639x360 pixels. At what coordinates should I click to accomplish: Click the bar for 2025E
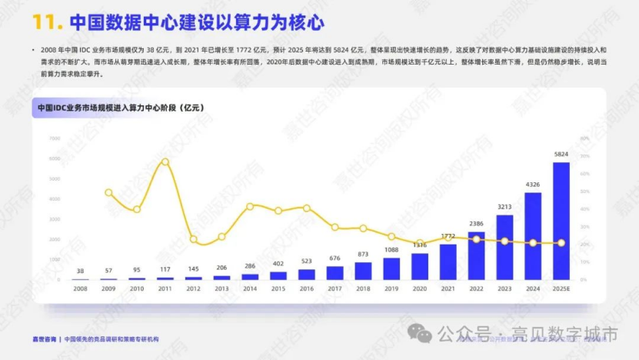[561, 222]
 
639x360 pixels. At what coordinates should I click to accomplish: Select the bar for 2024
[533, 236]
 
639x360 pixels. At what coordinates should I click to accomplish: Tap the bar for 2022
[477, 255]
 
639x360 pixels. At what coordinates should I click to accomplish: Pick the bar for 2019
[392, 268]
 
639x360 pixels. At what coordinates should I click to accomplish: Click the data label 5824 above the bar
[561, 154]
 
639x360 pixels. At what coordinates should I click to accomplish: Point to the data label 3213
[505, 207]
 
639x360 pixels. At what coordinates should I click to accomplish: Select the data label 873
[364, 255]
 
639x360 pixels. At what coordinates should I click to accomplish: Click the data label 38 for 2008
[81, 271]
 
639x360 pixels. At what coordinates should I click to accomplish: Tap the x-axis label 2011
[165, 288]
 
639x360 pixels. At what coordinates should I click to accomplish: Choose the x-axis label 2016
[307, 288]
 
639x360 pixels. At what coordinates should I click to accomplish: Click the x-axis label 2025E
[561, 288]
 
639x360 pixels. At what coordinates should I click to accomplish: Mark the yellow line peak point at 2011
[165, 162]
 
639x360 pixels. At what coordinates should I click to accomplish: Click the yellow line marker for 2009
[109, 192]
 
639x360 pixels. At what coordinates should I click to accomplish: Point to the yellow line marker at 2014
[251, 206]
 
